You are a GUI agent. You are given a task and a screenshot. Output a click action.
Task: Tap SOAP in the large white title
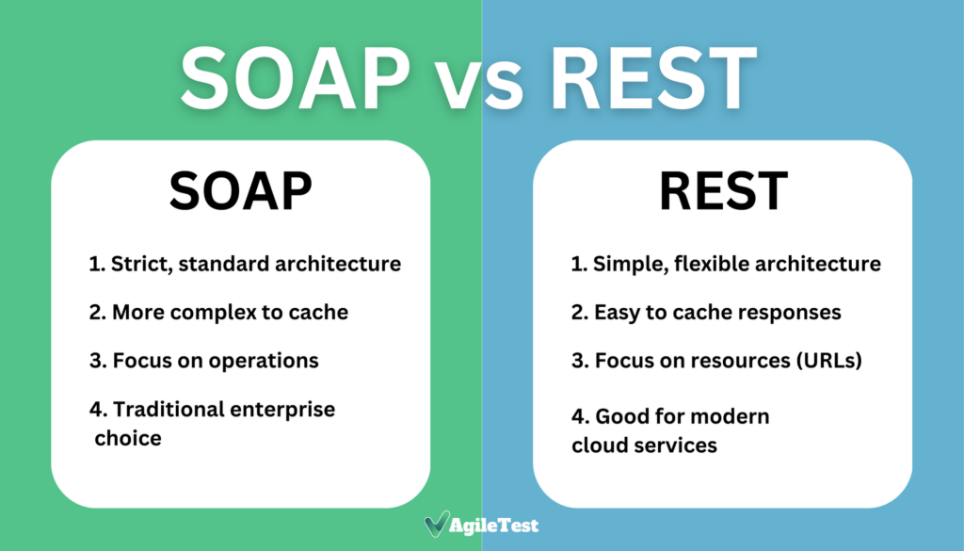(x=295, y=79)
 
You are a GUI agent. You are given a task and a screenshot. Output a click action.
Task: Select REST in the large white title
(x=653, y=79)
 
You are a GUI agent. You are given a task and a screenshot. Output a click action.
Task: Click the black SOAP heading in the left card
(x=240, y=191)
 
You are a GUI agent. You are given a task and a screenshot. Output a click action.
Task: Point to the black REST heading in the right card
(x=723, y=191)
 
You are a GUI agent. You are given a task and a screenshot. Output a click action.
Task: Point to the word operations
(x=264, y=361)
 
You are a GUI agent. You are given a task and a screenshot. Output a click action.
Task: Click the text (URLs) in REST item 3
(x=828, y=361)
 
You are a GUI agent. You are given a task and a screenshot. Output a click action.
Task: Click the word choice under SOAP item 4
(x=128, y=439)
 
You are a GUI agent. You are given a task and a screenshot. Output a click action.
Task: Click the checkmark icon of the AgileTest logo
(x=437, y=524)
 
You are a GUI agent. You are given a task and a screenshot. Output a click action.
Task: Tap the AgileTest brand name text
(x=493, y=526)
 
